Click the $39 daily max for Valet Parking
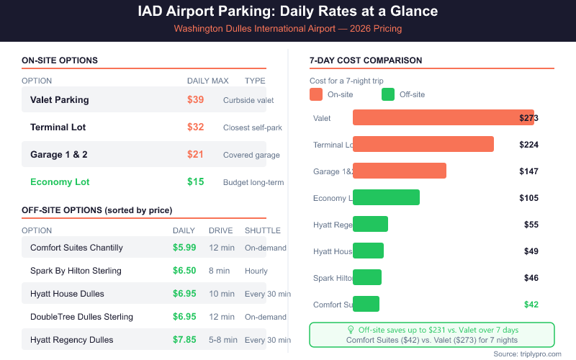pyautogui.click(x=195, y=99)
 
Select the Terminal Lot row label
pyautogui.click(x=58, y=127)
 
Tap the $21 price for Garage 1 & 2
pyautogui.click(x=195, y=154)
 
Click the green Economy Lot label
pyautogui.click(x=60, y=182)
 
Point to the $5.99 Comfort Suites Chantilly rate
pyautogui.click(x=184, y=248)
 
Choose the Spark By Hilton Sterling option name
pyautogui.click(x=76, y=271)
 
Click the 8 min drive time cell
pyautogui.click(x=219, y=271)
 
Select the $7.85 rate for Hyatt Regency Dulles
pyautogui.click(x=184, y=340)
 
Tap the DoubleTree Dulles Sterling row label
pyautogui.click(x=81, y=317)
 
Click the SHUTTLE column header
pyautogui.click(x=263, y=230)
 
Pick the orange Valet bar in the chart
pyautogui.click(x=443, y=117)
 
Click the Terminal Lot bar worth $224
pyautogui.click(x=423, y=144)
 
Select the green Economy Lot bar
pyautogui.click(x=386, y=197)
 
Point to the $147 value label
pyautogui.click(x=528, y=171)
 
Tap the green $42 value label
pyautogui.click(x=531, y=305)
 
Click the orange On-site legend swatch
pyautogui.click(x=316, y=94)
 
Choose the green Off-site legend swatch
pyautogui.click(x=388, y=94)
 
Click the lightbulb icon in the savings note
pyautogui.click(x=351, y=330)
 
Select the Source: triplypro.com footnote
pyautogui.click(x=527, y=354)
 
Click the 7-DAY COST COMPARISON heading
pyautogui.click(x=365, y=60)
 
